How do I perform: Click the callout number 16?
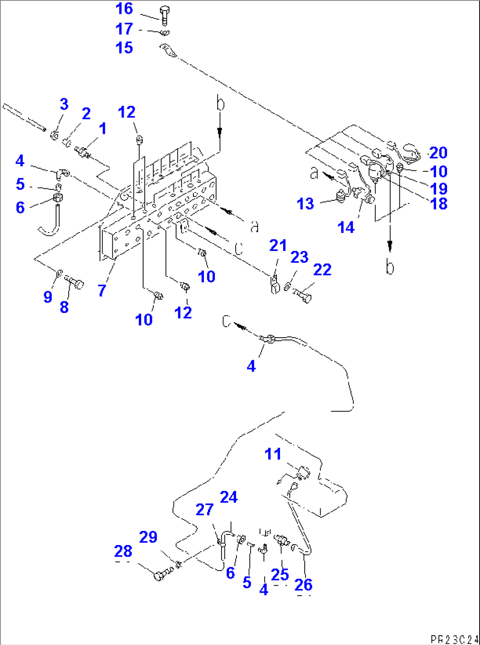click(124, 9)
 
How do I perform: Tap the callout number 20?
click(439, 153)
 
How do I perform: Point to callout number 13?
click(305, 204)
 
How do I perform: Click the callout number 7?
click(102, 290)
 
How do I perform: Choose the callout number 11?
click(273, 454)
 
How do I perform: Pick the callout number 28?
click(123, 551)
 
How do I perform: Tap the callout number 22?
click(322, 269)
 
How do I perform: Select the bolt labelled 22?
click(303, 295)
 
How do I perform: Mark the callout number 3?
click(64, 104)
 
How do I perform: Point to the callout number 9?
click(48, 297)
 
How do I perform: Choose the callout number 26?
click(303, 585)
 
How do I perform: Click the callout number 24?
click(229, 498)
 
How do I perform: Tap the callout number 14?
click(346, 228)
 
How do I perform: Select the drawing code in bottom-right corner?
click(454, 639)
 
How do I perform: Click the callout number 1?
click(103, 129)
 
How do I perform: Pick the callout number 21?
click(278, 246)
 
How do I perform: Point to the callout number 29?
click(148, 537)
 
